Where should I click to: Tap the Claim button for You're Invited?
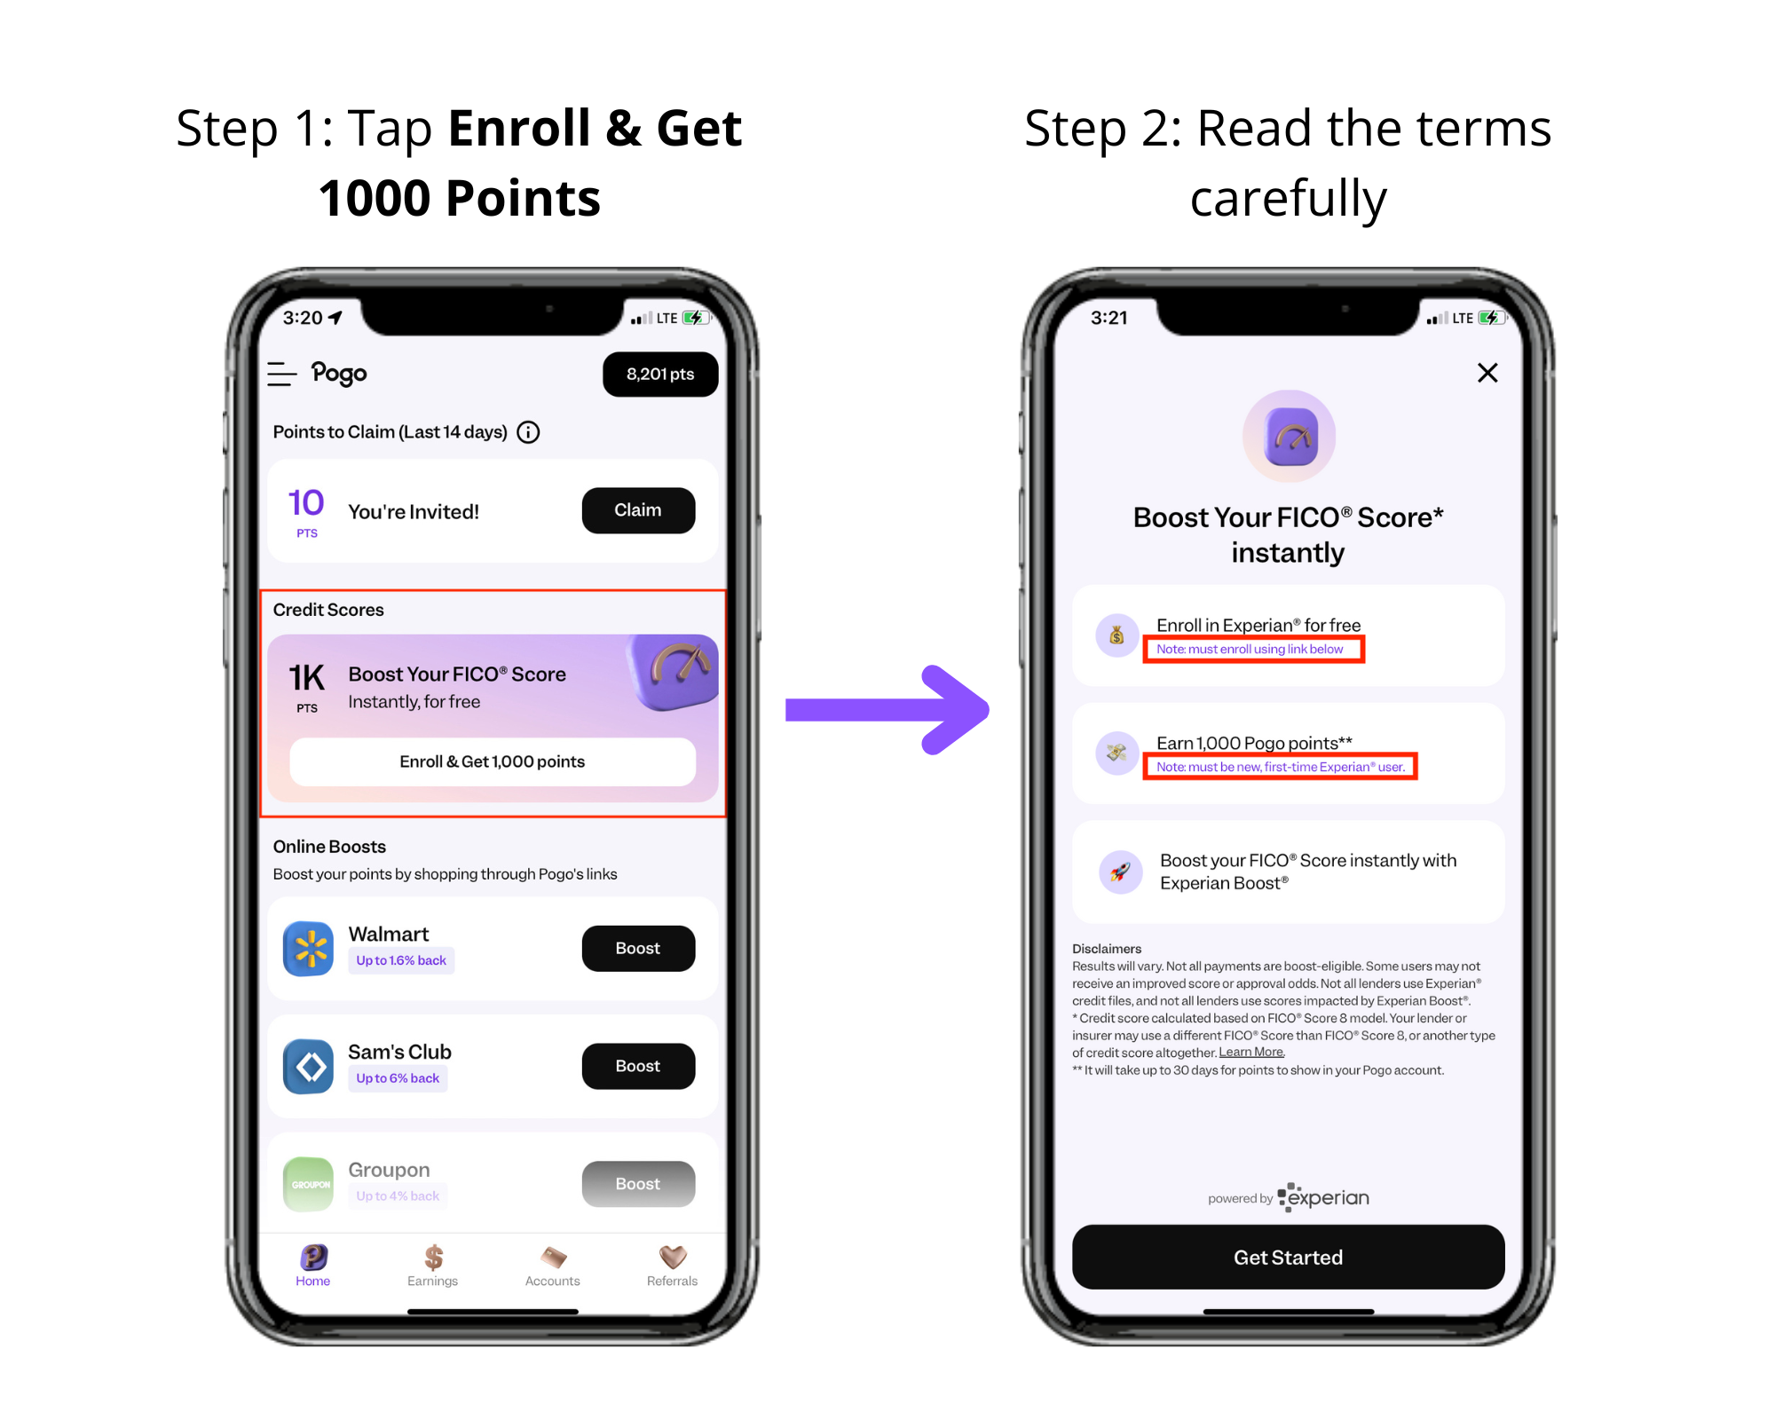pyautogui.click(x=638, y=510)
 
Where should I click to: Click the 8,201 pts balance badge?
pyautogui.click(x=660, y=375)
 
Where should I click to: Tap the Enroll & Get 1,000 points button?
pyautogui.click(x=493, y=761)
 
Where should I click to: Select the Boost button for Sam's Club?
pyautogui.click(x=638, y=1066)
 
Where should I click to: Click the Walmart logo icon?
pyautogui.click(x=309, y=948)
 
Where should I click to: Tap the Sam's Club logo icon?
pyautogui.click(x=309, y=1066)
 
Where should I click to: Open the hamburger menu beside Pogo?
pyautogui.click(x=281, y=374)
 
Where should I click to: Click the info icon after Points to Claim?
pyautogui.click(x=528, y=432)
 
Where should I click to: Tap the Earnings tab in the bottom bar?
pyautogui.click(x=433, y=1266)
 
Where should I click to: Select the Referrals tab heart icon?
pyautogui.click(x=673, y=1257)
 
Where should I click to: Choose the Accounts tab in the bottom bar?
pyautogui.click(x=552, y=1266)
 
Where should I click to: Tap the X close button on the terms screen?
pyautogui.click(x=1487, y=373)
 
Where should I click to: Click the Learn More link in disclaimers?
pyautogui.click(x=1251, y=1052)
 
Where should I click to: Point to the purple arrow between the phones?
pyautogui.click(x=887, y=710)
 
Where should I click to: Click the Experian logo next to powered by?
pyautogui.click(x=1323, y=1197)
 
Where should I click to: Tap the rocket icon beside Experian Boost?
pyautogui.click(x=1121, y=872)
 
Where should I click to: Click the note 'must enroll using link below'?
pyautogui.click(x=1250, y=649)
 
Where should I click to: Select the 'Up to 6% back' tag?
pyautogui.click(x=398, y=1078)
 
